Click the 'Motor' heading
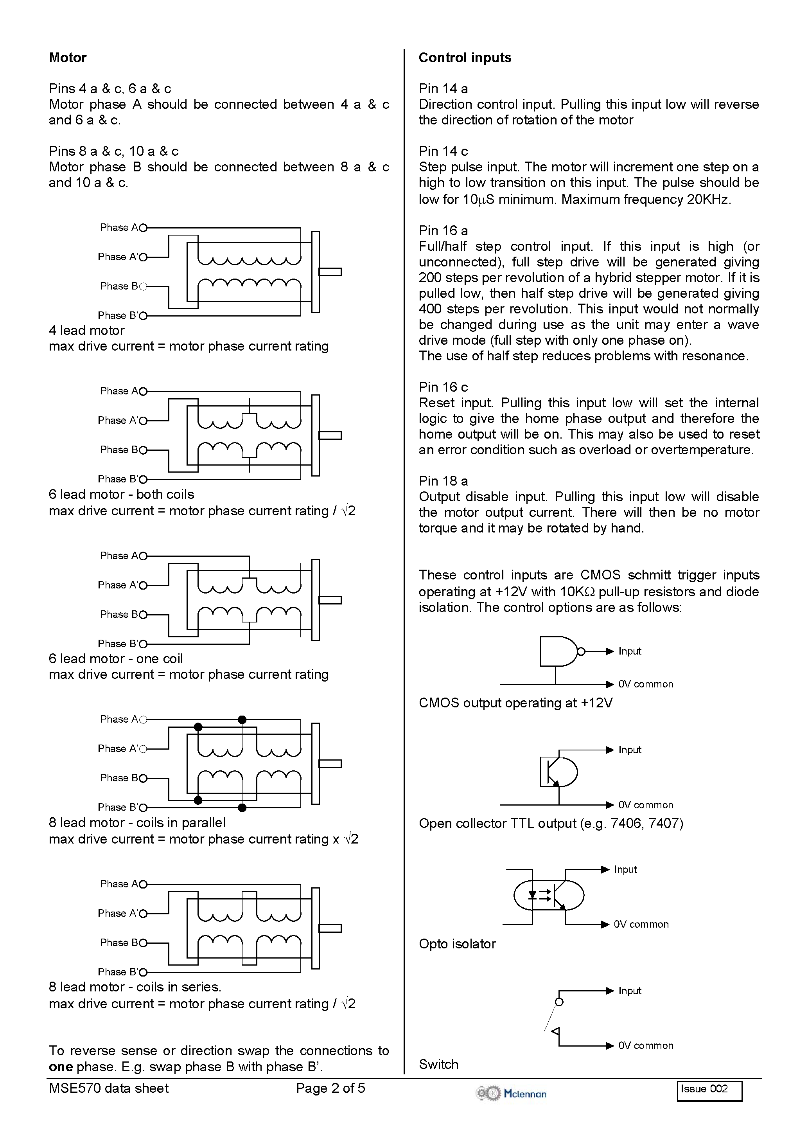pyautogui.click(x=68, y=58)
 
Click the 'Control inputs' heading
pyautogui.click(x=464, y=58)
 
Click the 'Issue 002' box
pyautogui.click(x=709, y=1091)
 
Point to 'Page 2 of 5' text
pyautogui.click(x=330, y=1088)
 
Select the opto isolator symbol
pyautogui.click(x=548, y=896)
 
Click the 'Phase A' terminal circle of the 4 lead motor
pyautogui.click(x=144, y=228)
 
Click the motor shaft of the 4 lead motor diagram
pyautogui.click(x=330, y=272)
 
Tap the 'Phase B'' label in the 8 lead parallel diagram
pyautogui.click(x=118, y=807)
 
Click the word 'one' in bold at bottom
pyautogui.click(x=60, y=1067)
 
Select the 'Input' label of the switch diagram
pyautogui.click(x=630, y=991)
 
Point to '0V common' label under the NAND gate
pyautogui.click(x=646, y=684)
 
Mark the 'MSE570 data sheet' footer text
pyautogui.click(x=109, y=1088)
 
